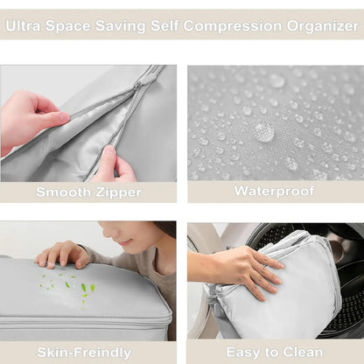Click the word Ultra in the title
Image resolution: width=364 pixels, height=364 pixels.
coord(25,25)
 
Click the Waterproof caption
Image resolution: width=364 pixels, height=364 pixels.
coord(274,191)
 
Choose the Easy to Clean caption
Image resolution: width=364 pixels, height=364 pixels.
coord(274,352)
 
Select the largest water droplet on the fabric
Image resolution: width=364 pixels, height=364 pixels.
coord(263,132)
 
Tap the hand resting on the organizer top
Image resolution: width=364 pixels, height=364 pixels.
coord(61,254)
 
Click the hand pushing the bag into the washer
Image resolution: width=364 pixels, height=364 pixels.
coord(232,266)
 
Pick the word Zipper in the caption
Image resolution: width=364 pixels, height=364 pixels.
coord(114,191)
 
